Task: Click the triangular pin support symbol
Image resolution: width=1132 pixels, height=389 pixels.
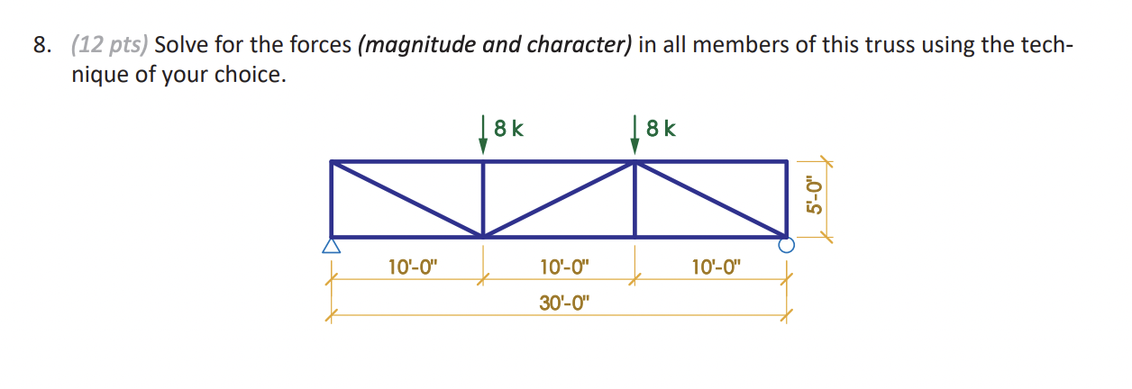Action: [332, 245]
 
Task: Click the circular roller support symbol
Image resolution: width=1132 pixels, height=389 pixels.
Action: [787, 244]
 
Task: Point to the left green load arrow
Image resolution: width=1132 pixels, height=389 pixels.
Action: [484, 139]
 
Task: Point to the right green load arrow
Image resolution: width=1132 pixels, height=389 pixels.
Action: [635, 139]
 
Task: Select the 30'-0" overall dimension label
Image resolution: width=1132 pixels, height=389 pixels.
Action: [563, 302]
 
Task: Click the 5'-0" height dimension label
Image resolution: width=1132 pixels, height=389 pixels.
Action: [816, 195]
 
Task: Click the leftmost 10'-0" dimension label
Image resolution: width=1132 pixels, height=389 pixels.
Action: [411, 266]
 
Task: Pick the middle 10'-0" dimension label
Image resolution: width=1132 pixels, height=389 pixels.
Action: [563, 266]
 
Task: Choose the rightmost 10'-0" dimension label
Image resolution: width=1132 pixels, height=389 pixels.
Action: [716, 266]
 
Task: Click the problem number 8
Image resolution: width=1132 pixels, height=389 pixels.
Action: [41, 47]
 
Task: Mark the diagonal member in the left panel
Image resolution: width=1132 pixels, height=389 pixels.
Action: [407, 199]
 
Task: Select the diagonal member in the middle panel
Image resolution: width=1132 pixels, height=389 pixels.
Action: [559, 199]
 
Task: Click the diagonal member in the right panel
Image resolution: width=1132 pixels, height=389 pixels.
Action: [711, 199]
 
